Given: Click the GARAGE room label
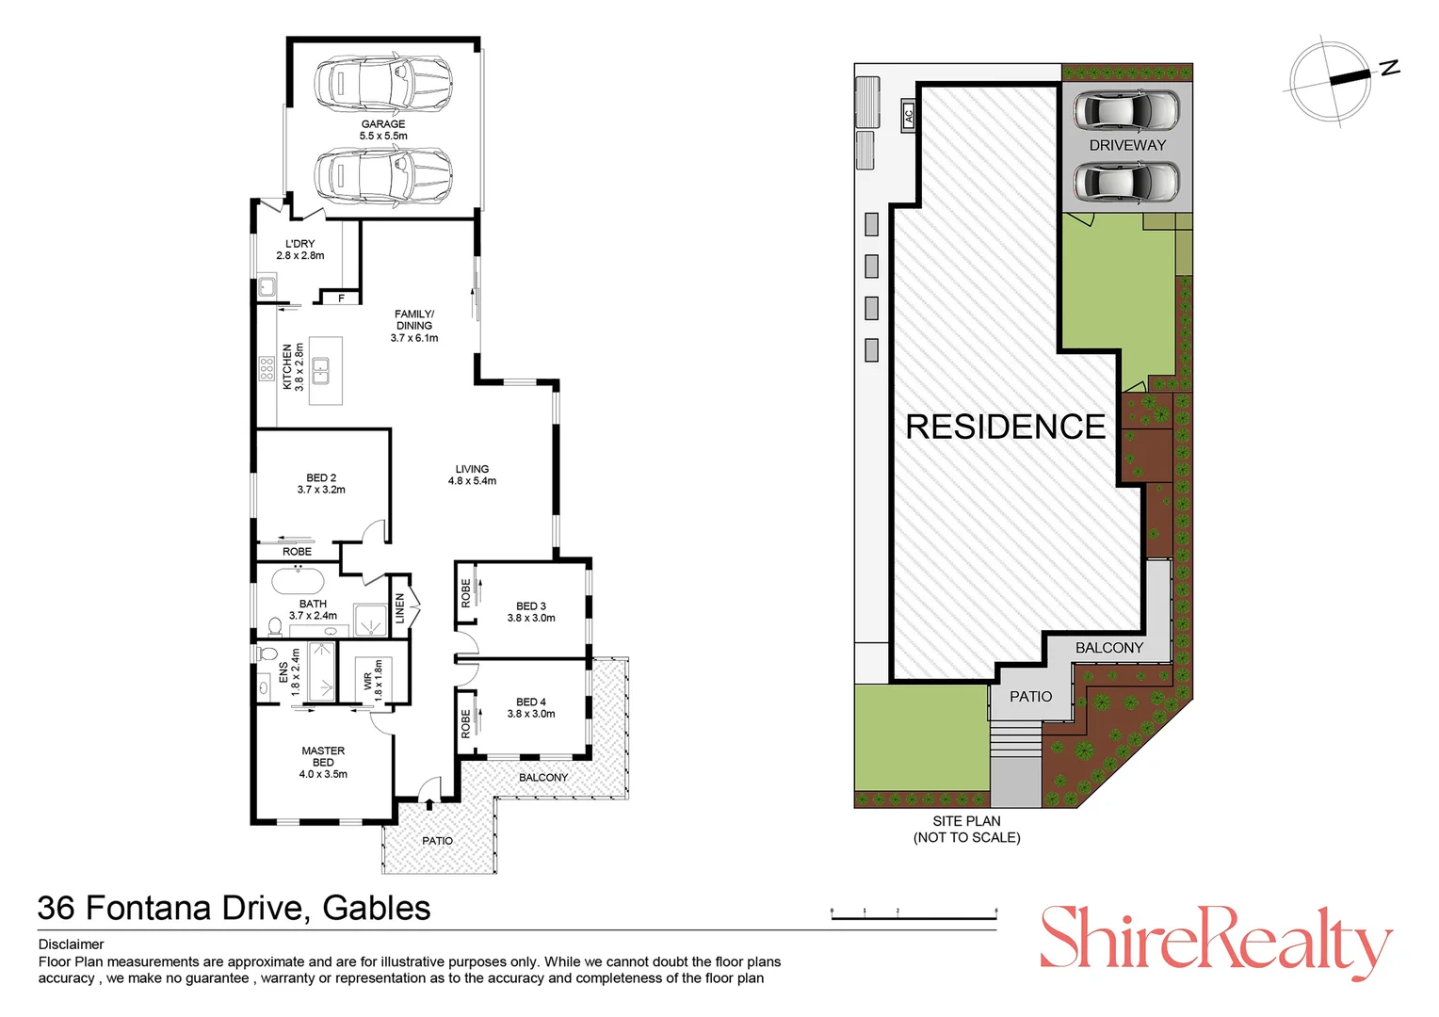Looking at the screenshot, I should (383, 124).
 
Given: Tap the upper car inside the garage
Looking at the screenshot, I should (382, 83).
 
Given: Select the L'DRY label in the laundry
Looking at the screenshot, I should (299, 244).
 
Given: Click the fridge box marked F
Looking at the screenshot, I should (341, 299).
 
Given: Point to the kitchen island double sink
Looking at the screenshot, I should (321, 370).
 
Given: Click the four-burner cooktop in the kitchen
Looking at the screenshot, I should (267, 368).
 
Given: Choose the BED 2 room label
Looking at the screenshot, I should (321, 478).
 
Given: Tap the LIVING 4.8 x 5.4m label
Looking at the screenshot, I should (472, 475).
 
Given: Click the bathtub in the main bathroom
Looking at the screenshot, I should (298, 579).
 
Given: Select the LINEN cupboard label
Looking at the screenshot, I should (400, 607).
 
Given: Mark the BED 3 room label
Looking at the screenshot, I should (531, 606).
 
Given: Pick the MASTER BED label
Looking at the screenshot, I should (323, 757).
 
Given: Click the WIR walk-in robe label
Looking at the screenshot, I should (368, 680).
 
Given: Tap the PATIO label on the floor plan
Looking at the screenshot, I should (437, 841).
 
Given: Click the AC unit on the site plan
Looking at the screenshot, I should (909, 116).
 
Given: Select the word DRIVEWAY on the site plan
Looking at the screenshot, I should (1127, 145).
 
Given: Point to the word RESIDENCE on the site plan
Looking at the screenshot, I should (1005, 427).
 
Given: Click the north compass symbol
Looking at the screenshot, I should (1332, 80).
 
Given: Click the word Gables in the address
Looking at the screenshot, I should (377, 909).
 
